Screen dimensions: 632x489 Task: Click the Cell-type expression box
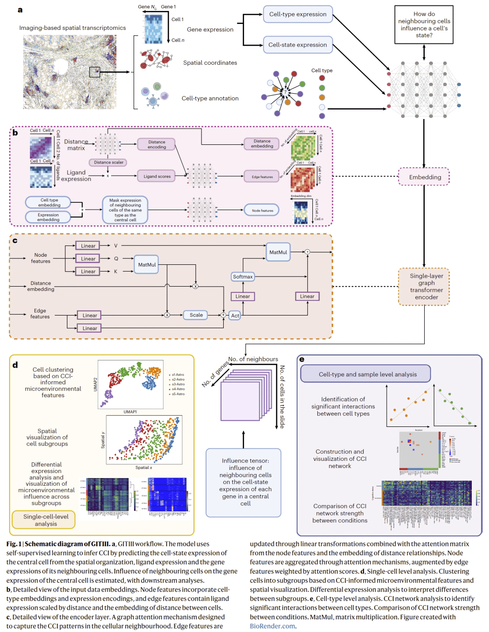point(298,14)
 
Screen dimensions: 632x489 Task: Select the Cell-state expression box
point(298,45)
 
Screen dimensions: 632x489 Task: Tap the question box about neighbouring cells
point(424,25)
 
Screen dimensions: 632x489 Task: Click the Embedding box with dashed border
point(425,177)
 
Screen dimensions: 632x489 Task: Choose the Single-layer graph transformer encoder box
point(426,287)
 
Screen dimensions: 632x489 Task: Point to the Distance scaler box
point(109,163)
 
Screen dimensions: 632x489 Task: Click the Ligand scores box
point(157,177)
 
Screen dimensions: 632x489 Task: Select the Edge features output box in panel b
point(262,177)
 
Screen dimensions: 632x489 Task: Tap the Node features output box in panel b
point(262,211)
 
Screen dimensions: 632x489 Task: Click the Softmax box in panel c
point(243,277)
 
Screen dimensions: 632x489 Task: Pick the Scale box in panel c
point(196,315)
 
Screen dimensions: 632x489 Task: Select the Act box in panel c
point(235,316)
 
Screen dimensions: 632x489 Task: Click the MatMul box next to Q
point(147,265)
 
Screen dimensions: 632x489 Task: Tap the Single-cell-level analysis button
point(46,520)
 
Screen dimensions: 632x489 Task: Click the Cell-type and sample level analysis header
point(367,374)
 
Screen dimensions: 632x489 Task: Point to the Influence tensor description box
point(245,482)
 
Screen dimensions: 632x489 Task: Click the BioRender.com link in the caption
point(272,626)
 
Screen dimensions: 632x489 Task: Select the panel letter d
point(15,364)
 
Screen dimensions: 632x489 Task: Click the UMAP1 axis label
point(130,412)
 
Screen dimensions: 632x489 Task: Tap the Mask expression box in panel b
point(125,210)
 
